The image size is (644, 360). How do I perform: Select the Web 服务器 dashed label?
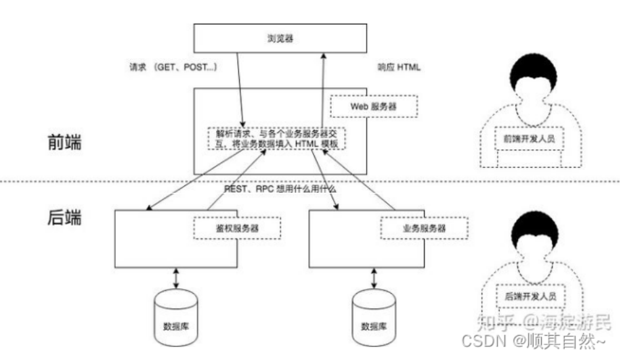(373, 106)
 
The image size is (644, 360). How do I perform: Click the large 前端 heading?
(65, 143)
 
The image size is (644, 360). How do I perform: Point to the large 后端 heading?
(65, 220)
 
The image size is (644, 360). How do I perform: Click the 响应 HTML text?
(400, 68)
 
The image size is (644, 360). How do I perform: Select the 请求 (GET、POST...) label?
(173, 68)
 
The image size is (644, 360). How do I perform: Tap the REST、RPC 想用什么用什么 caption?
(280, 189)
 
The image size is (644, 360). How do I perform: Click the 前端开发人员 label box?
(529, 137)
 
